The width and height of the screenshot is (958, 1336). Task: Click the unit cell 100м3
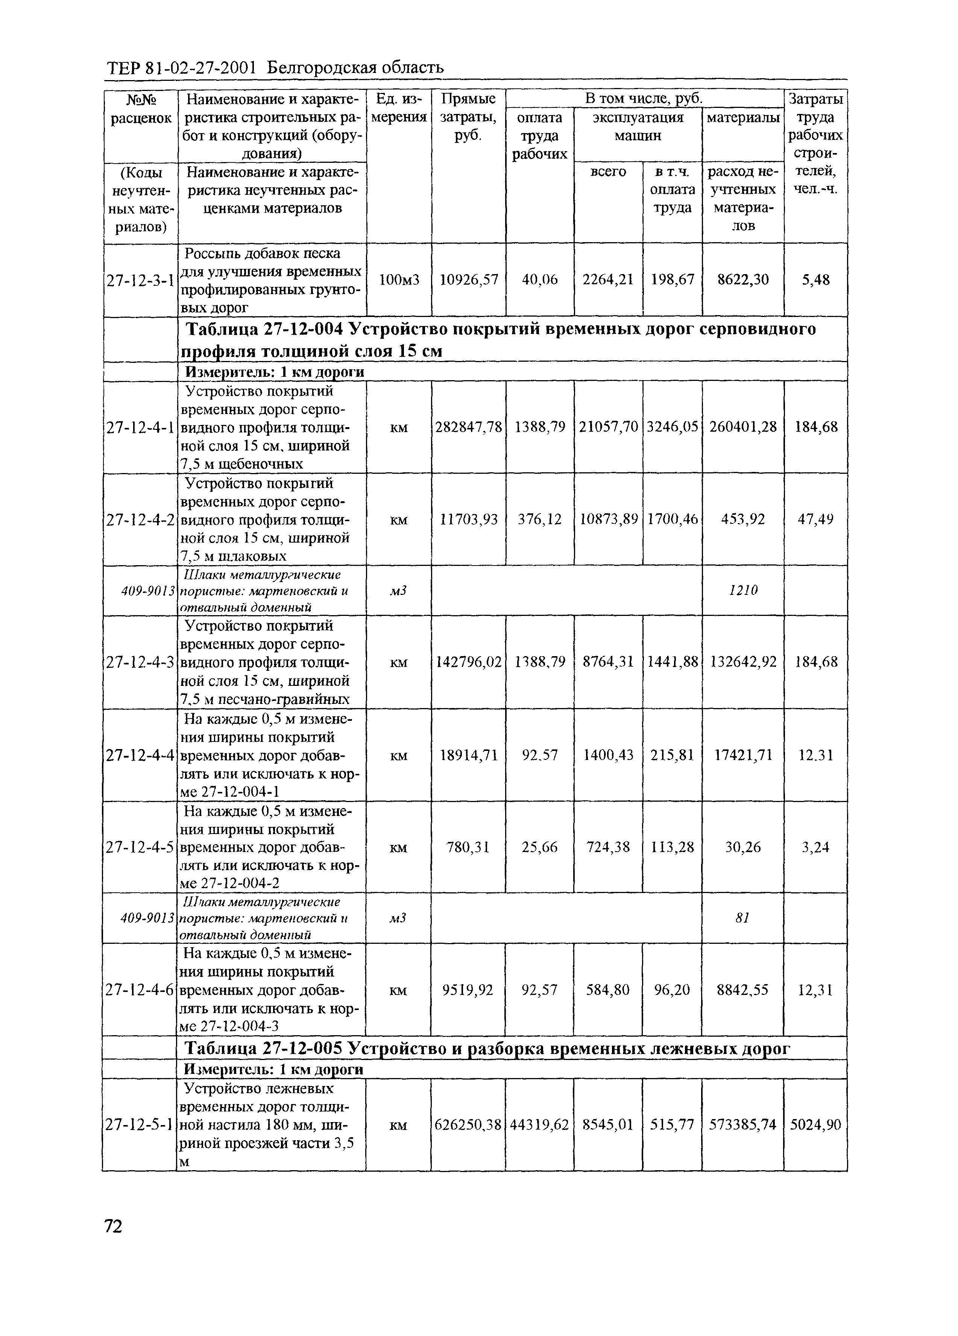click(399, 280)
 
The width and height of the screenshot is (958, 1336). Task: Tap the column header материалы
click(742, 118)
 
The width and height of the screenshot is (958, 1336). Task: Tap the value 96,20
click(672, 990)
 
